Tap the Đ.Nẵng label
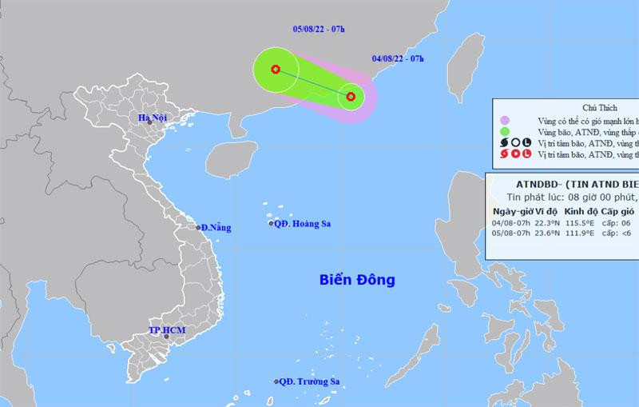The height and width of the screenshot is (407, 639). pyautogui.click(x=217, y=228)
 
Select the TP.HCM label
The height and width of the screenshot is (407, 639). pyautogui.click(x=166, y=330)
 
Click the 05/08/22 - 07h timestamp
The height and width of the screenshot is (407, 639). pyautogui.click(x=318, y=30)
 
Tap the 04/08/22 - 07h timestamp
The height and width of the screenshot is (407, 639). pyautogui.click(x=397, y=58)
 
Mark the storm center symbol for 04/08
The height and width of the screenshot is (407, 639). pyautogui.click(x=351, y=97)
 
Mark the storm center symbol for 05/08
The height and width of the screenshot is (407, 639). pyautogui.click(x=276, y=70)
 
